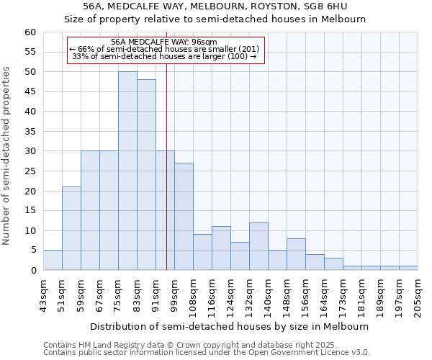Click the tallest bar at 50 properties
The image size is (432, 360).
[x=127, y=171]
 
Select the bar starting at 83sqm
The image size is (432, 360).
[x=146, y=175]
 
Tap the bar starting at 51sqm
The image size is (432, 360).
[x=71, y=228]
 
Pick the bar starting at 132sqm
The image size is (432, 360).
[x=258, y=246]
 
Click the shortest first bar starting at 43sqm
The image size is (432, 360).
[x=53, y=260]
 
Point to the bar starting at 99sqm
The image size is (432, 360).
[x=184, y=217]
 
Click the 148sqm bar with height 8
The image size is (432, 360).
[x=296, y=254]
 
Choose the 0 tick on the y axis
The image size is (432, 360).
[x=32, y=271]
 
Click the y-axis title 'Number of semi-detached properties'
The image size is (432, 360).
[x=6, y=156]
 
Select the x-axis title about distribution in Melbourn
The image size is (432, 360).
[x=230, y=326]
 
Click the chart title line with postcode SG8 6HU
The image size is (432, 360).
[x=216, y=6]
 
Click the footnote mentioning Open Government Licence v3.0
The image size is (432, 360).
[x=207, y=352]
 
